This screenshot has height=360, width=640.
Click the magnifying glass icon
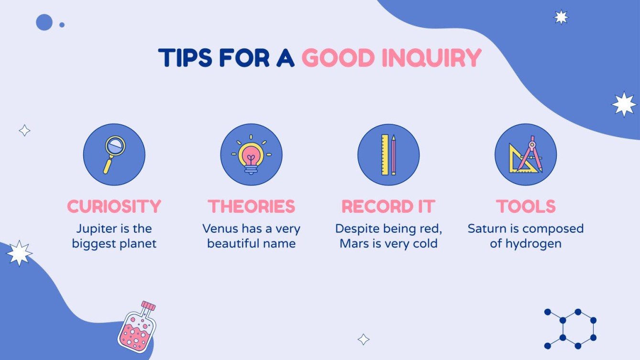click(114, 154)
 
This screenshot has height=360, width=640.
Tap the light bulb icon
click(251, 154)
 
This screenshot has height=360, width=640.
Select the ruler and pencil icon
click(388, 154)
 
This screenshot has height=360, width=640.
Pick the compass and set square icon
click(526, 154)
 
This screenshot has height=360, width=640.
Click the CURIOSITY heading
click(114, 207)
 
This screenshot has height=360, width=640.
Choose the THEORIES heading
click(251, 207)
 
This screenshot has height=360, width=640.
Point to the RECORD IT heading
click(388, 207)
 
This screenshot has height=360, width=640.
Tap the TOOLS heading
click(526, 207)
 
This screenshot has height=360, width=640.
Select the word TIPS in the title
click(186, 58)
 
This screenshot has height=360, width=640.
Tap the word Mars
click(353, 244)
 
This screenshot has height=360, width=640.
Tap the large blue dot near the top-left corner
click(44, 22)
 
